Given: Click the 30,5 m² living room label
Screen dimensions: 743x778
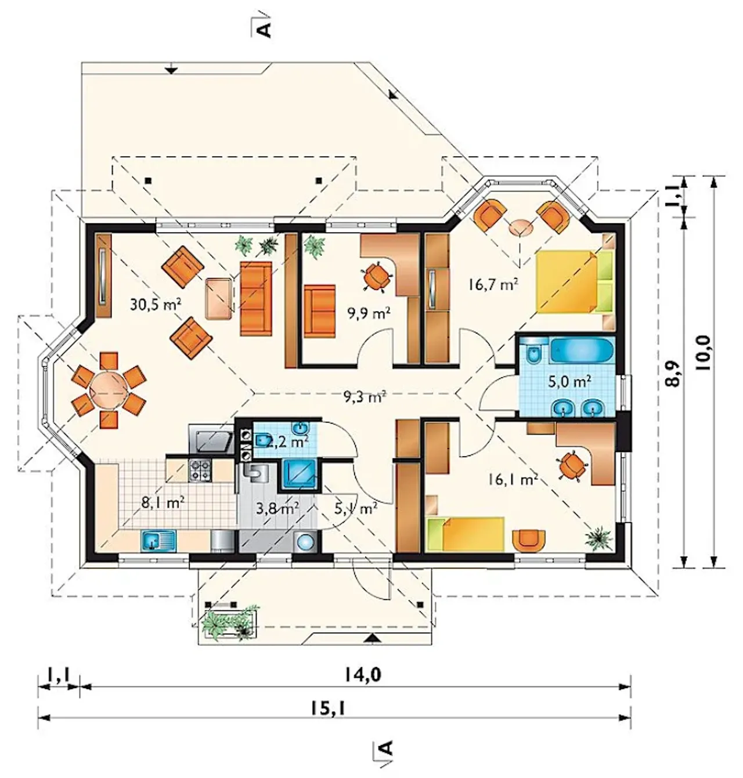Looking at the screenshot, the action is coord(156,304).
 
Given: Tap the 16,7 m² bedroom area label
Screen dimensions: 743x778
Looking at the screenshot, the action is coord(493,284).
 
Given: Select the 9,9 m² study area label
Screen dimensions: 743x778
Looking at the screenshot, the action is coord(369,313).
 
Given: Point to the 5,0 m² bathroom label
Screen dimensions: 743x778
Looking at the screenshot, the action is coord(570,381).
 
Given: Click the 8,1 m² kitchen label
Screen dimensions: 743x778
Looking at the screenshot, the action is coord(163,502).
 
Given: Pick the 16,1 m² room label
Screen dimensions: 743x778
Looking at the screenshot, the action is coord(512,480).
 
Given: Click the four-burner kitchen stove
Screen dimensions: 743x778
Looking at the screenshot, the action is coord(200,470).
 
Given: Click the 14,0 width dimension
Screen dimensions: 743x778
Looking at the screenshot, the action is coord(362,675).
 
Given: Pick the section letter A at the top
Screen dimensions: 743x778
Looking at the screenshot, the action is coord(265,29).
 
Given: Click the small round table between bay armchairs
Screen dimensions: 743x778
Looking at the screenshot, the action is coord(521,228).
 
